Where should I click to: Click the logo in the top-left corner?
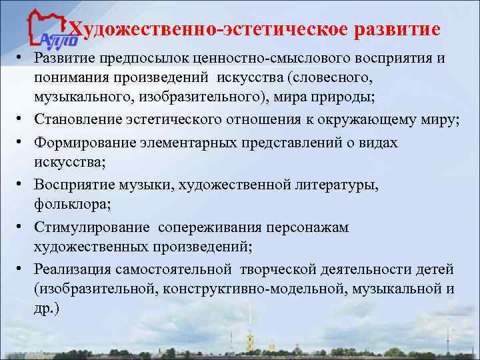47,30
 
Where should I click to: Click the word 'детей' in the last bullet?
434,269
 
